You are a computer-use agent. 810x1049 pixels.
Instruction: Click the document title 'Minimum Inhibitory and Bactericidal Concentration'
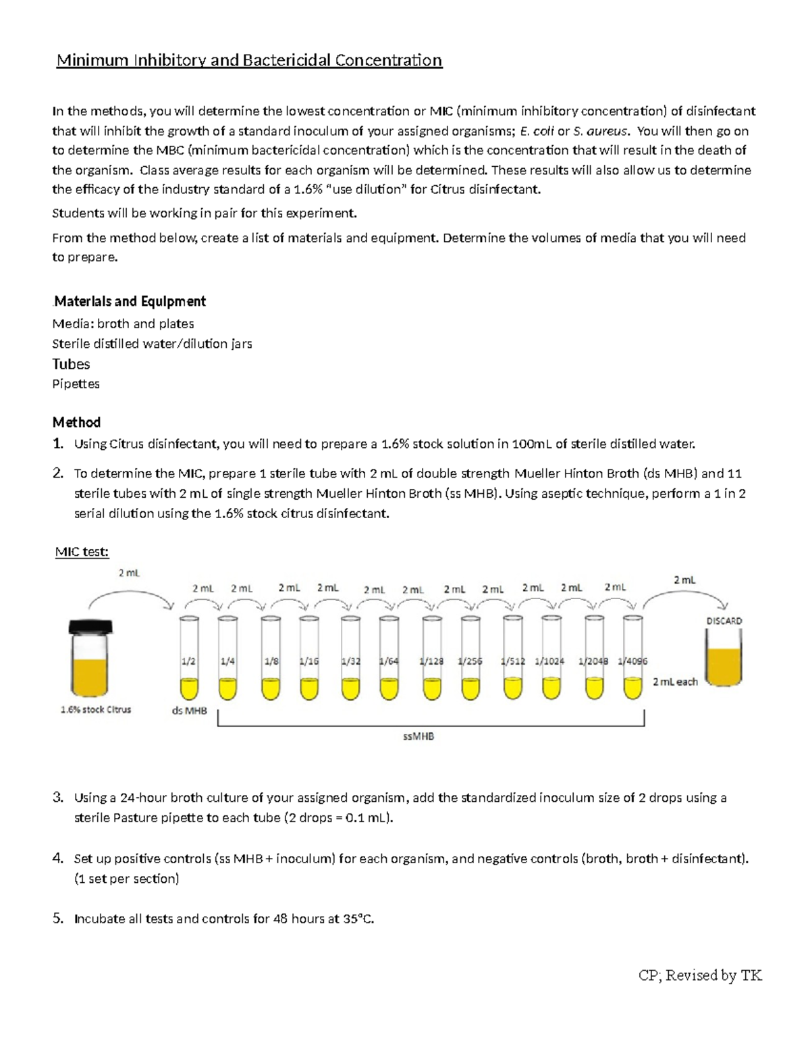(x=249, y=61)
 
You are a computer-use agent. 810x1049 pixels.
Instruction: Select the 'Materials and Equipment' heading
(x=130, y=301)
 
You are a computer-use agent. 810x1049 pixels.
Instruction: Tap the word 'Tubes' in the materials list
(x=71, y=364)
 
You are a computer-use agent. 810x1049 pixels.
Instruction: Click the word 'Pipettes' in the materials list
(x=76, y=384)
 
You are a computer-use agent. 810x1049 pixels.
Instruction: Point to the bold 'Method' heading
(x=76, y=422)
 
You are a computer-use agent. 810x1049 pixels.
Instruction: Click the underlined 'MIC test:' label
(x=82, y=552)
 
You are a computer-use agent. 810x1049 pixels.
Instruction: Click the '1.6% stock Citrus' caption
(x=96, y=710)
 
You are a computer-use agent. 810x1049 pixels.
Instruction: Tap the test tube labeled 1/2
(x=189, y=659)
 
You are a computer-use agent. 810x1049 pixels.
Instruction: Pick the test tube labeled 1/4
(x=227, y=659)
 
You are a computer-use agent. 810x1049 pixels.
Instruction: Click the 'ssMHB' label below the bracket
(x=418, y=736)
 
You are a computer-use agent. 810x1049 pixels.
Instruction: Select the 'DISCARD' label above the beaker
(x=724, y=621)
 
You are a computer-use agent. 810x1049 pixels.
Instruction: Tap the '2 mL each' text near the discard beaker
(x=675, y=682)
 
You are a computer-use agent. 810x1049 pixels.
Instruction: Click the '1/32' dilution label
(x=350, y=661)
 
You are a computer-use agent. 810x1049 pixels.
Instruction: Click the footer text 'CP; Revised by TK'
(x=700, y=975)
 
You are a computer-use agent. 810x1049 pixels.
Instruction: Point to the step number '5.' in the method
(x=59, y=919)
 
